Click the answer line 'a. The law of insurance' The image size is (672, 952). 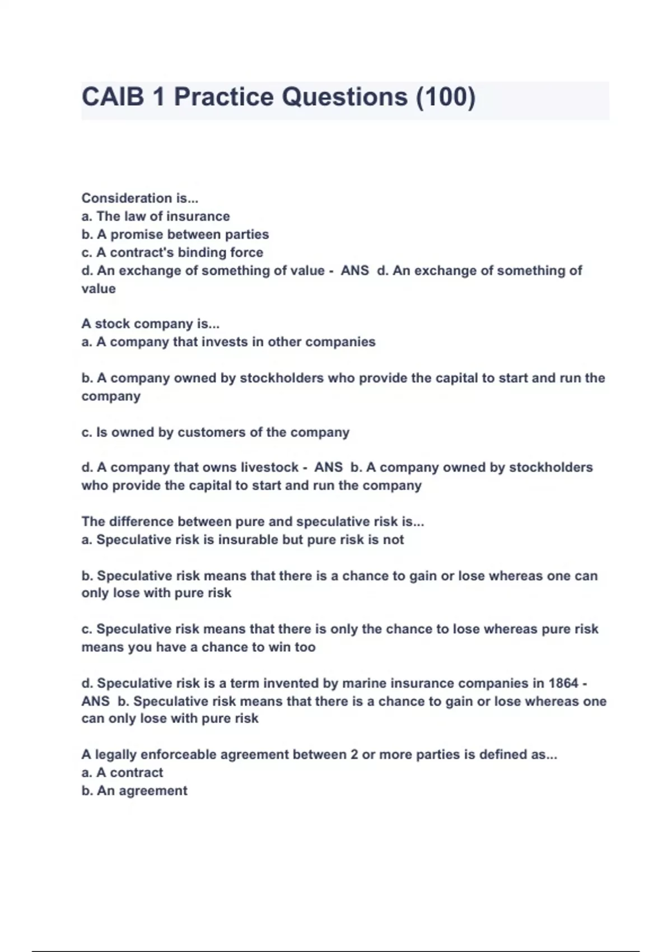pos(156,216)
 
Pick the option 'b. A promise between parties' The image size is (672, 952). pos(175,234)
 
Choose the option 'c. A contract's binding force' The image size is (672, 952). pos(172,253)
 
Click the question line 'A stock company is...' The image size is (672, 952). pos(151,324)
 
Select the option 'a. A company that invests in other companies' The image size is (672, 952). pos(228,342)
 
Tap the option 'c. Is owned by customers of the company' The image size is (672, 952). pos(216,432)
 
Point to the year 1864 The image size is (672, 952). pos(563,683)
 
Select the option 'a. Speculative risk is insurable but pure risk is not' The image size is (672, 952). pos(242,540)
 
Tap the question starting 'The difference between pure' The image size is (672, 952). pos(253,521)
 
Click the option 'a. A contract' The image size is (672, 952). pos(122,773)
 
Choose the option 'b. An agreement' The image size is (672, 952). pos(134,791)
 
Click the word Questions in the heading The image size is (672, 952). pos(344,97)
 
